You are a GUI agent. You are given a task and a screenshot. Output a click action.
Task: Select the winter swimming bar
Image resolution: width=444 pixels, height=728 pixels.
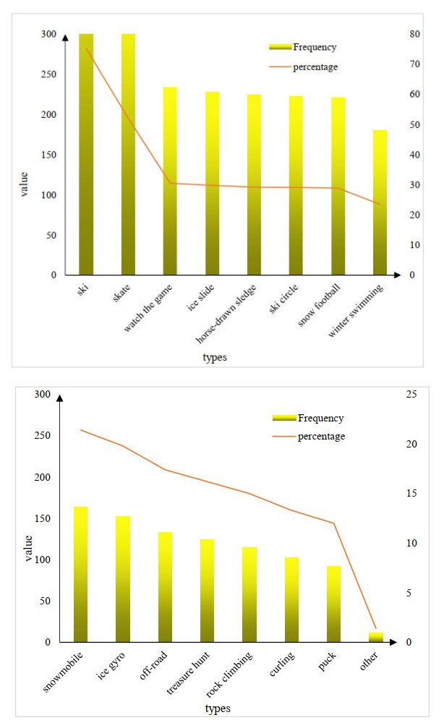point(380,202)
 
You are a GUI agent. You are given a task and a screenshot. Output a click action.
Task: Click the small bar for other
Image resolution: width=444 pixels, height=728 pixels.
point(375,637)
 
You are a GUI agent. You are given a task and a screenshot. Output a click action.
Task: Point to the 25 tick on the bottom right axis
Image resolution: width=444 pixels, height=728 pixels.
point(413,394)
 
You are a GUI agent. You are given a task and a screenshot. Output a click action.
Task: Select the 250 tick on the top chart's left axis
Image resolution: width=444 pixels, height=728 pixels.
point(47,74)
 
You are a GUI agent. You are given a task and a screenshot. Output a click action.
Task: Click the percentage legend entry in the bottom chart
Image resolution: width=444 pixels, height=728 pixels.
point(320,437)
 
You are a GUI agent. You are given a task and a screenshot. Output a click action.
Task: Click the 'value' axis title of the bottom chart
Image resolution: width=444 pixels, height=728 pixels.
point(29,549)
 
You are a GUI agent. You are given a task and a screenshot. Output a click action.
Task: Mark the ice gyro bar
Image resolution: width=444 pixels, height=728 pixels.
point(122,578)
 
